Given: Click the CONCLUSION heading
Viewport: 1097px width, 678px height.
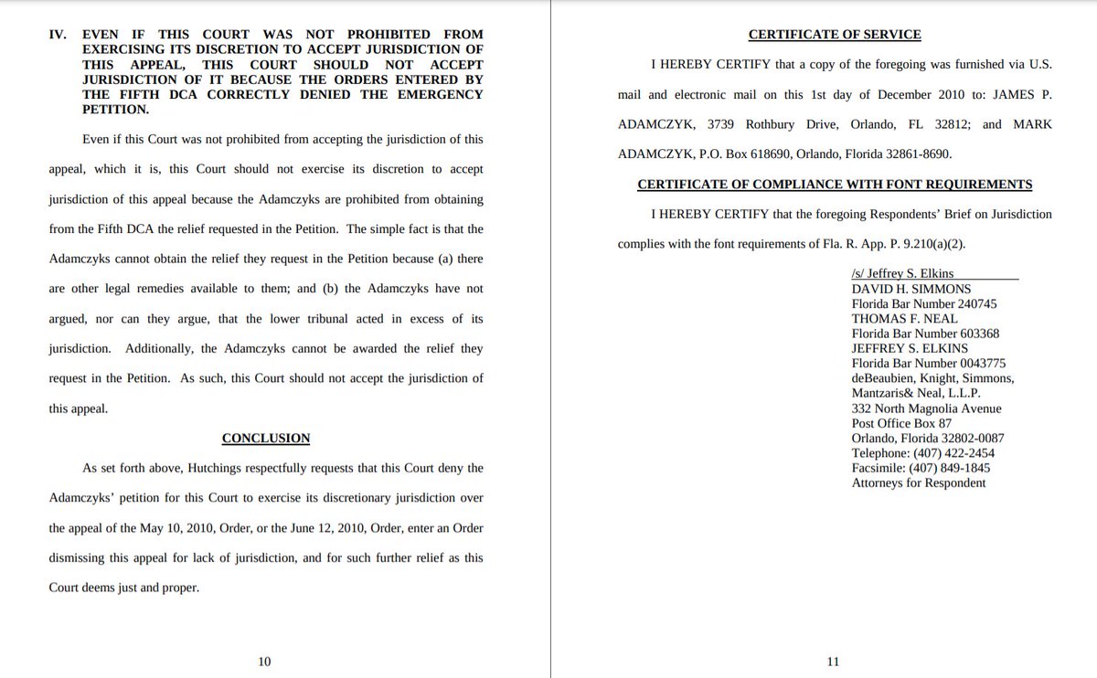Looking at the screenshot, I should tap(266, 439).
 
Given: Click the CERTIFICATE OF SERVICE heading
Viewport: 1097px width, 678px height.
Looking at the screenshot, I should tap(835, 36).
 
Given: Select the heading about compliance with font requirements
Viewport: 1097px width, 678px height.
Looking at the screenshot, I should tap(835, 185).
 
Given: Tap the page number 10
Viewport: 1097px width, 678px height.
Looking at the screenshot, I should tap(264, 662).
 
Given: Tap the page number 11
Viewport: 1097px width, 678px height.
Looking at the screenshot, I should tap(833, 662).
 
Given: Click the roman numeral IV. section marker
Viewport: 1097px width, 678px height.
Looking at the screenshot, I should tap(58, 36).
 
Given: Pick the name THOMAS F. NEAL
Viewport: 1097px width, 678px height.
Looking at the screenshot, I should tap(904, 319).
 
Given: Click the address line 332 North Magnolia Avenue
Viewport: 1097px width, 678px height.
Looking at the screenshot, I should tap(926, 408).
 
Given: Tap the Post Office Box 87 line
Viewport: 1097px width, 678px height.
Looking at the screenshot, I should tap(901, 423).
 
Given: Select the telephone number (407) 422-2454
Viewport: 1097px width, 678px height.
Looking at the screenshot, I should tap(955, 453).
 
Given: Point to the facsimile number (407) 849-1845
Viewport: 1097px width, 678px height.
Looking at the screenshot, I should tap(952, 468).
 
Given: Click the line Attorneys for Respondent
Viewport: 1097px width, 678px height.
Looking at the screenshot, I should tap(919, 482).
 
